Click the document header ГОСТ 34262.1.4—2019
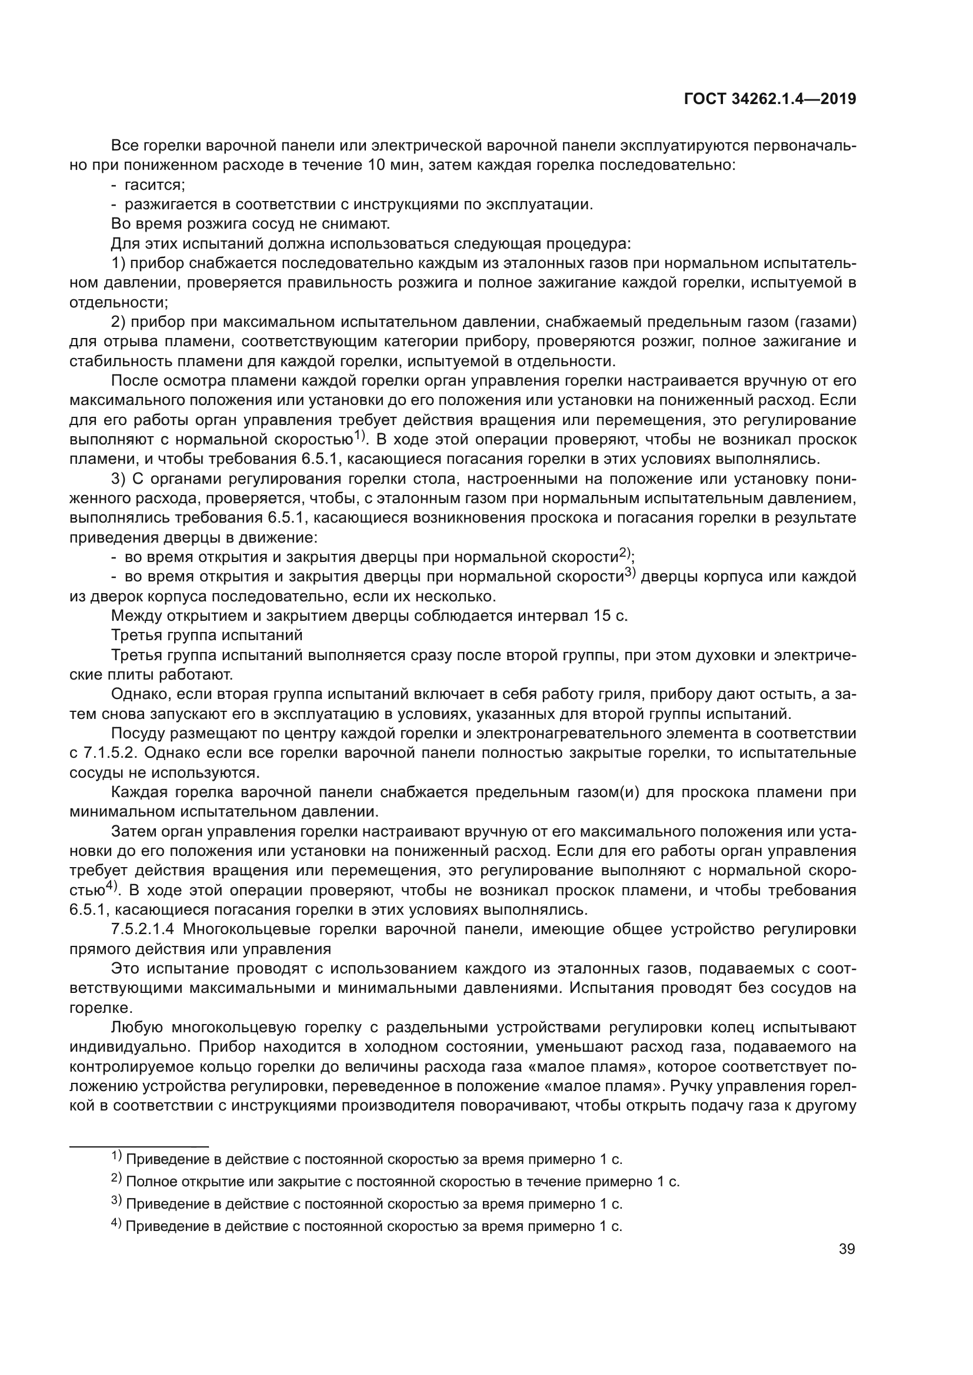click(x=769, y=99)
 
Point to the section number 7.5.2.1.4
click(x=142, y=929)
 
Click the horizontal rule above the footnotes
click(x=139, y=1145)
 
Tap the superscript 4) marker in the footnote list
click(x=116, y=1225)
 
